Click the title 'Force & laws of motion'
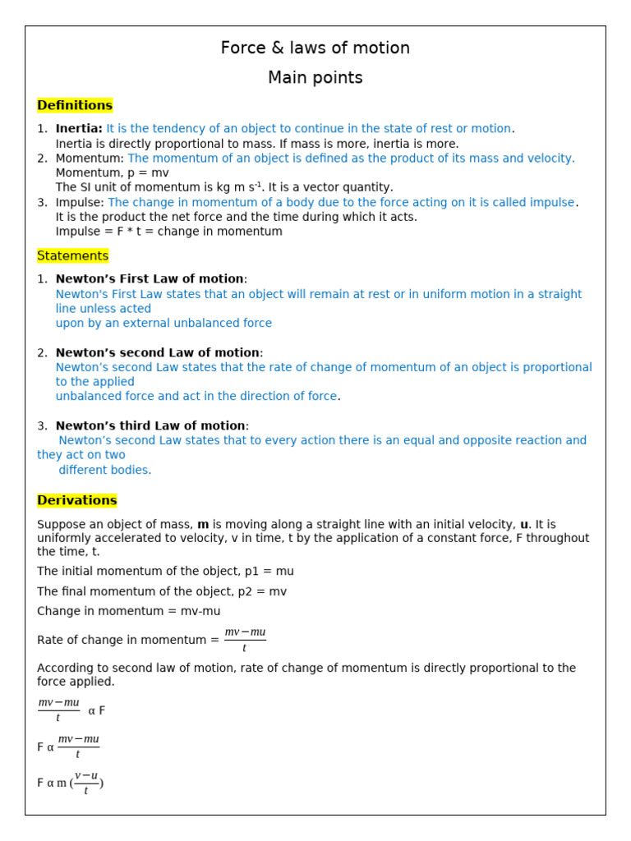coord(315,48)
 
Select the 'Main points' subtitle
coord(315,78)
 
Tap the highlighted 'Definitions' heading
coord(75,105)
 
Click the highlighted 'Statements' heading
coord(72,256)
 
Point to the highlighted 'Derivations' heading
coord(77,500)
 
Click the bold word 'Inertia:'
coord(79,129)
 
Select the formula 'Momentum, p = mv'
coord(112,173)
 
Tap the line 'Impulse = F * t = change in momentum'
coord(168,232)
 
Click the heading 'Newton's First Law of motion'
coord(150,279)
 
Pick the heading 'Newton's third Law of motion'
coord(150,425)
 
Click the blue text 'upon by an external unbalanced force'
coord(164,324)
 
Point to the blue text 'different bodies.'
coord(105,471)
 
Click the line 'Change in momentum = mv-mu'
coord(128,611)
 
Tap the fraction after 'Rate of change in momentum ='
coord(245,640)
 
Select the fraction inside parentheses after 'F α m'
coord(86,783)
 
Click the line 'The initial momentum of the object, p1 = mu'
coord(165,572)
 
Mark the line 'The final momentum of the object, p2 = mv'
coord(162,591)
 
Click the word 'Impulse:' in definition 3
coord(80,203)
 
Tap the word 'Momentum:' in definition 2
coord(90,159)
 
